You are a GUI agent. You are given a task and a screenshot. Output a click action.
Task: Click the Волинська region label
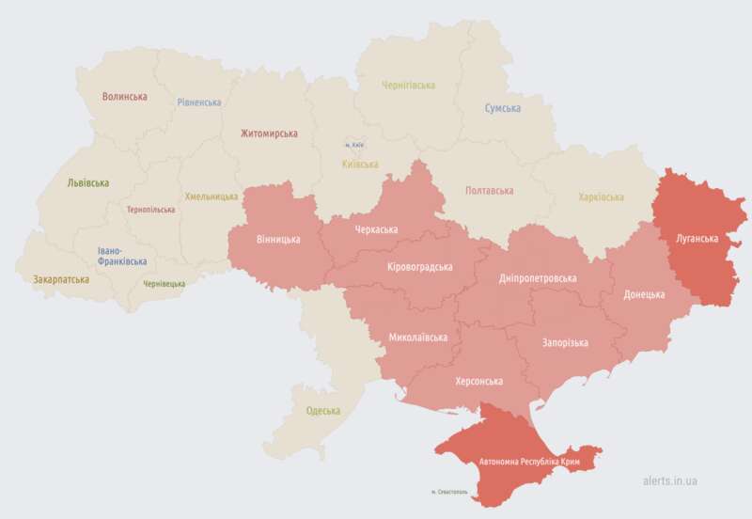[124, 96]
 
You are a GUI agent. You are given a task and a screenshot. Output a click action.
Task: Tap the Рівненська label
[199, 102]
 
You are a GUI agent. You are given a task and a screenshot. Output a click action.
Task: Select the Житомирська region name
[269, 134]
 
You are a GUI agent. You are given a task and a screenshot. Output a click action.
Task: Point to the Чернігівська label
[408, 85]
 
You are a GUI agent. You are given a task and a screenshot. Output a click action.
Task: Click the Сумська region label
[503, 108]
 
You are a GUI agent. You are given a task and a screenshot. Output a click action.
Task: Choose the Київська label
[360, 164]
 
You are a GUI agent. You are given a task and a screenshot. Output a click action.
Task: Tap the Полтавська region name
[490, 190]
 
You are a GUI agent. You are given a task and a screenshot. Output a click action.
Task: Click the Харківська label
[601, 197]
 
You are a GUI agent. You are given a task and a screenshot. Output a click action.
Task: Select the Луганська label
[697, 239]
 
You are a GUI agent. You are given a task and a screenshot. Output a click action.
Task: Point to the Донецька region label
[644, 294]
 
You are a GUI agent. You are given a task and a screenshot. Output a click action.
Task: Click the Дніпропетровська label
[539, 278]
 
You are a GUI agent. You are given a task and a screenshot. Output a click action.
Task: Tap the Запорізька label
[565, 342]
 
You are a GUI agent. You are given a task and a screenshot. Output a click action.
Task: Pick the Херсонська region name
[478, 381]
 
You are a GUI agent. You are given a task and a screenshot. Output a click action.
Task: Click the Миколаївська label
[418, 337]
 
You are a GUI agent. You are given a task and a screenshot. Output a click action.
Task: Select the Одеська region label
[323, 411]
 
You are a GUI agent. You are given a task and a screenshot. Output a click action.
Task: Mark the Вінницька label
[278, 239]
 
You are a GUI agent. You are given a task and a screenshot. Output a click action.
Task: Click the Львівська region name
[88, 183]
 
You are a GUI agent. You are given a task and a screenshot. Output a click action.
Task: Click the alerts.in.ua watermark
[670, 480]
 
